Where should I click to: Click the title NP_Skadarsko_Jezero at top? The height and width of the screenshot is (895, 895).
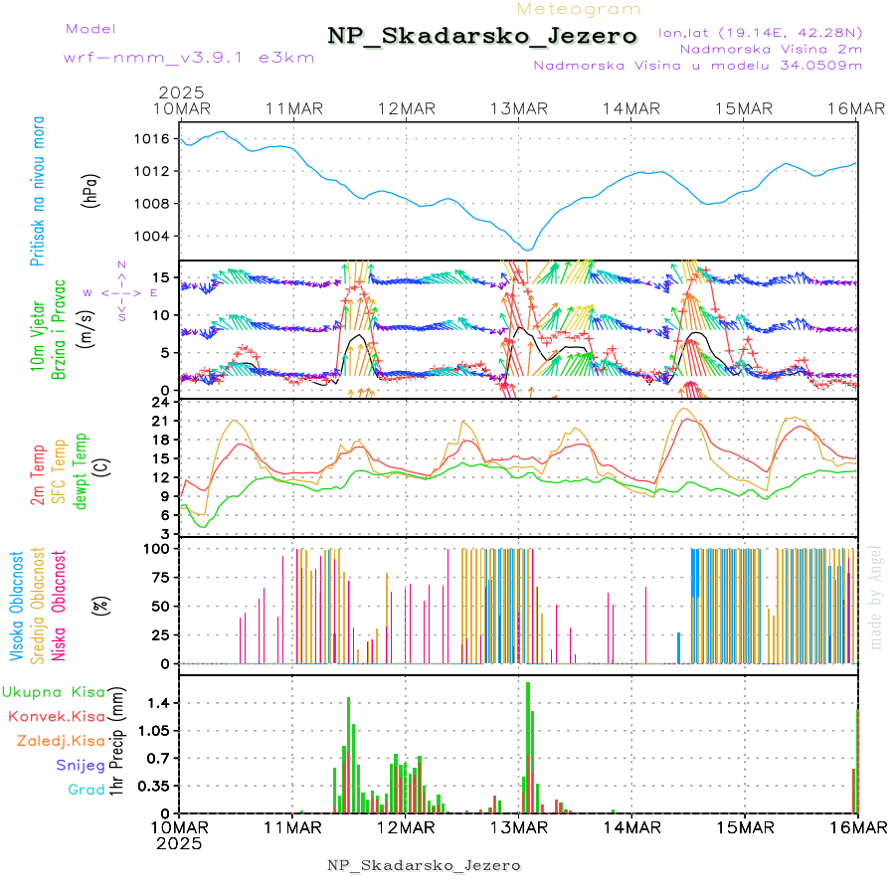pyautogui.click(x=482, y=36)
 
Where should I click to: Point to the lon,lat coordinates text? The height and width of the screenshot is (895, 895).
pyautogui.click(x=760, y=32)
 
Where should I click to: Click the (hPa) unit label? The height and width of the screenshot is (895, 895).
pyautogui.click(x=91, y=189)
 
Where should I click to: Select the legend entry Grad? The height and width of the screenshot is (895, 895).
pyautogui.click(x=86, y=790)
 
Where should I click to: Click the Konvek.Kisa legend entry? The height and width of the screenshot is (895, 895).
pyautogui.click(x=56, y=716)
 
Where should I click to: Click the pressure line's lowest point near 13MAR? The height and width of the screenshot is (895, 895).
pyautogui.click(x=528, y=249)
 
